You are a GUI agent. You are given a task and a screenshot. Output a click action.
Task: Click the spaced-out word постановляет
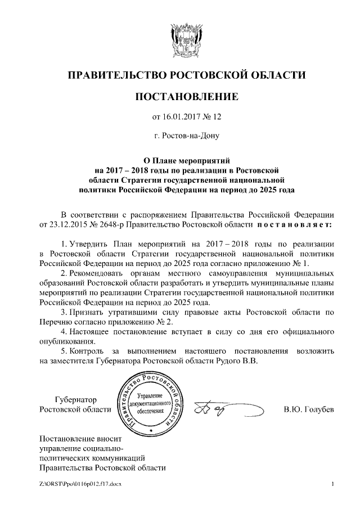[290, 225]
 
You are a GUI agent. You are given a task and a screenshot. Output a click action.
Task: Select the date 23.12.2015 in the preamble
[59, 225]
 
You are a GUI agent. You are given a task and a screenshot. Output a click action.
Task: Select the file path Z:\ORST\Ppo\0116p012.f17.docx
[80, 484]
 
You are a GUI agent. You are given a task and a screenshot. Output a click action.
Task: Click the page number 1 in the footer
[333, 484]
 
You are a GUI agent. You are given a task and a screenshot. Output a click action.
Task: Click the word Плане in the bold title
[172, 160]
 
